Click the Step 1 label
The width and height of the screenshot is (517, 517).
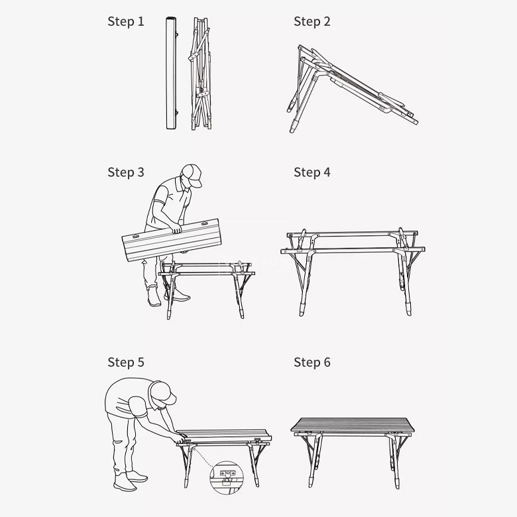pyautogui.click(x=126, y=22)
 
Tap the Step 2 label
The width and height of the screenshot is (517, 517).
pyautogui.click(x=312, y=22)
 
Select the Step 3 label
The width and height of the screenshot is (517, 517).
pyautogui.click(x=126, y=172)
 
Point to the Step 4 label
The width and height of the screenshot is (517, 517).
pyautogui.click(x=312, y=172)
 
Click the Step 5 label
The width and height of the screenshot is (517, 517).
pyautogui.click(x=126, y=363)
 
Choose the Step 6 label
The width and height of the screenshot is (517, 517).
pyautogui.click(x=312, y=363)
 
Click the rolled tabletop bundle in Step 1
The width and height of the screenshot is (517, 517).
pyautogui.click(x=171, y=73)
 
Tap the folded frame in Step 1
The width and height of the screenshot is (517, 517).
pyautogui.click(x=201, y=74)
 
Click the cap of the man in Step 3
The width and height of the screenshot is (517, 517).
pyautogui.click(x=193, y=174)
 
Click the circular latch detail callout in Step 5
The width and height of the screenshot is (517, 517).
pyautogui.click(x=227, y=477)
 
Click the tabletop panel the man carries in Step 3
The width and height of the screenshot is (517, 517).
pyautogui.click(x=172, y=240)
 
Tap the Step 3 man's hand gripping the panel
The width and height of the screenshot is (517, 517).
pyautogui.click(x=176, y=228)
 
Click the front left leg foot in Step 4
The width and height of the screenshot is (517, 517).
pyautogui.click(x=302, y=310)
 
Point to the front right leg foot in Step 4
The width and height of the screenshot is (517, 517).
pyautogui.click(x=408, y=310)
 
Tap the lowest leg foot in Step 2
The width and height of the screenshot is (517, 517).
pyautogui.click(x=293, y=127)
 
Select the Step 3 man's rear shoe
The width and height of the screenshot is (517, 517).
pyautogui.click(x=154, y=296)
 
